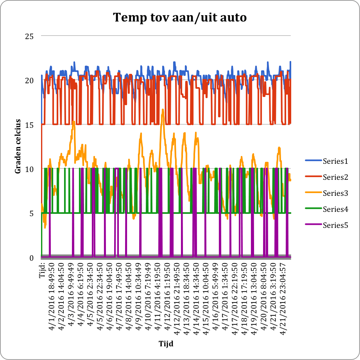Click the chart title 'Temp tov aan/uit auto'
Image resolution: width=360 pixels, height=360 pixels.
click(180, 18)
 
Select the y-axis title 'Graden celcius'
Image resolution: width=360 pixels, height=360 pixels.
click(18, 147)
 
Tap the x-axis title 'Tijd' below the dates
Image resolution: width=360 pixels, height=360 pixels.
click(166, 344)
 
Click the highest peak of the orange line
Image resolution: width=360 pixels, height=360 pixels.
click(163, 110)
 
